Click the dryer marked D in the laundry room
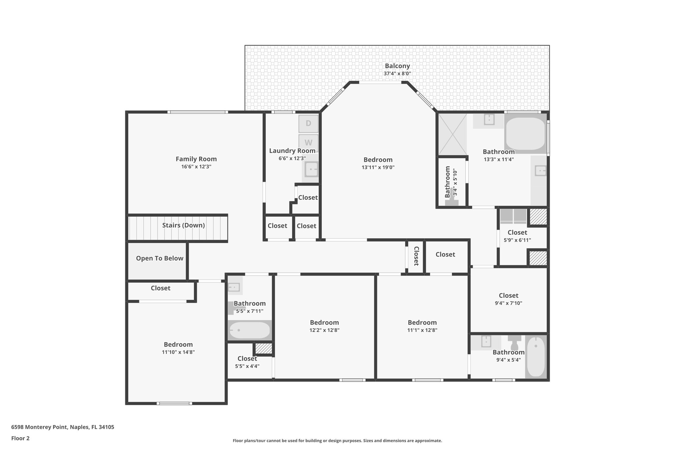click(x=308, y=124)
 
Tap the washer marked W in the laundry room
click(x=308, y=143)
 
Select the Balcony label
click(x=397, y=66)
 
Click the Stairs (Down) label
click(x=184, y=225)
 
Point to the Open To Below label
click(x=160, y=258)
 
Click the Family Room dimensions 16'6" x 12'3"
click(x=196, y=167)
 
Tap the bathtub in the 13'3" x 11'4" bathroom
click(x=525, y=134)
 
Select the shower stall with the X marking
click(x=453, y=134)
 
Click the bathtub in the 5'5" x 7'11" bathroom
click(x=249, y=330)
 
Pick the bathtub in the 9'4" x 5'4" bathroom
click(x=536, y=357)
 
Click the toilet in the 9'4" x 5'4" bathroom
click(x=514, y=343)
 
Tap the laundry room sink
click(x=310, y=170)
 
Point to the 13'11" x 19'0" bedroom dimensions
click(x=378, y=167)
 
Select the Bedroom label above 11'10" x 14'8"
click(x=178, y=345)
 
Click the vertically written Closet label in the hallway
click(x=416, y=256)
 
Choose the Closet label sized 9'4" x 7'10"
click(x=509, y=296)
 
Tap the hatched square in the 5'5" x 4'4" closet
click(x=264, y=349)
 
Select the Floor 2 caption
click(x=20, y=438)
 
